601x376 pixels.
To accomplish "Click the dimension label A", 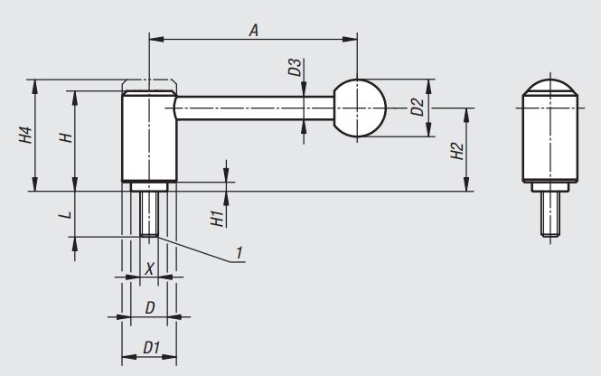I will tap(254, 30).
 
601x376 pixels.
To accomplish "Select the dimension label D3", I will tap(294, 68).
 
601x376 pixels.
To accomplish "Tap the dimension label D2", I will tap(417, 108).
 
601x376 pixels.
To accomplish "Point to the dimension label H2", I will tap(458, 150).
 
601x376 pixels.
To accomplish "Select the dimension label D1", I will tap(151, 347).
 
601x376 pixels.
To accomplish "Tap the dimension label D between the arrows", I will tap(150, 308).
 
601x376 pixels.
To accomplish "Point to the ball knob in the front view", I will tap(360, 108).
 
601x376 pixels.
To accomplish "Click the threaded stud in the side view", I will tap(549, 216).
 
